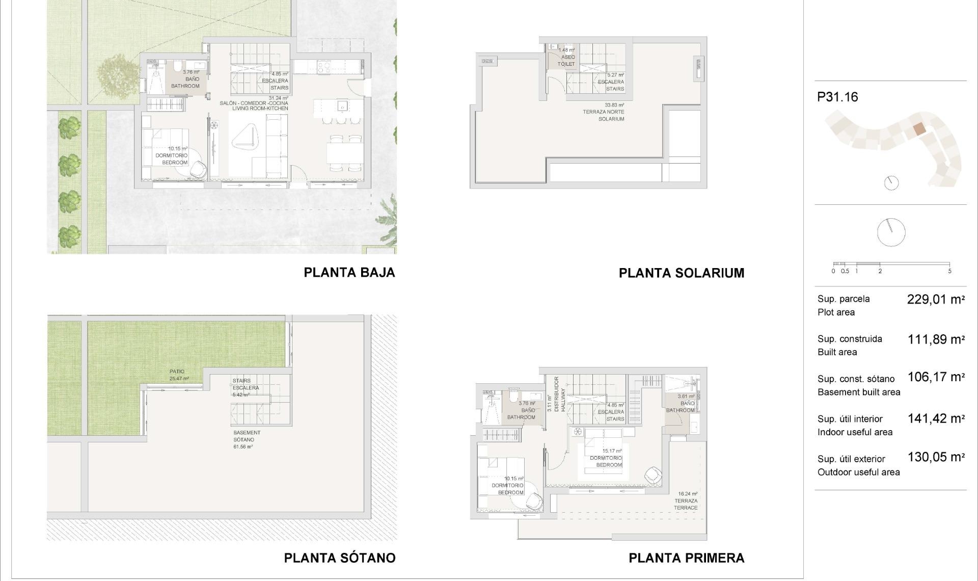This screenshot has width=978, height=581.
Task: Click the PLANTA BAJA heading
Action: [349, 273]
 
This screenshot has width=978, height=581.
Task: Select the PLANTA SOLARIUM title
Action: [681, 273]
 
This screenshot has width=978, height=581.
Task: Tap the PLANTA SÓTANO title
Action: [340, 558]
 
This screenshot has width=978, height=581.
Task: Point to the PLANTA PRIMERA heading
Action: [686, 558]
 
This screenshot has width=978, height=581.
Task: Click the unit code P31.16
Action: [837, 97]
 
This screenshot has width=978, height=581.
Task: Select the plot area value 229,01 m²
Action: [936, 300]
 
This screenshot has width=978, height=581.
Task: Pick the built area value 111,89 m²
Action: [936, 339]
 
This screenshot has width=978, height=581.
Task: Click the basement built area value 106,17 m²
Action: [936, 377]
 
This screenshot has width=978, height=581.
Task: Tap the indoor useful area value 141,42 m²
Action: [936, 419]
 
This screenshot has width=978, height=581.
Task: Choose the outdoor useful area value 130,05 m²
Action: [936, 457]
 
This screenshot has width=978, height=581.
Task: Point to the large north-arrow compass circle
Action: [891, 232]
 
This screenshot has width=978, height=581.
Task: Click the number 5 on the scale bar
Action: [949, 271]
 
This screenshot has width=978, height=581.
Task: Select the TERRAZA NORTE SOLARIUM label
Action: [604, 112]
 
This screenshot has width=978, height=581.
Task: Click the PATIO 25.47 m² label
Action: [178, 375]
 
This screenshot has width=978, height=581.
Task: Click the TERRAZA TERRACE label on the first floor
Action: [686, 501]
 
